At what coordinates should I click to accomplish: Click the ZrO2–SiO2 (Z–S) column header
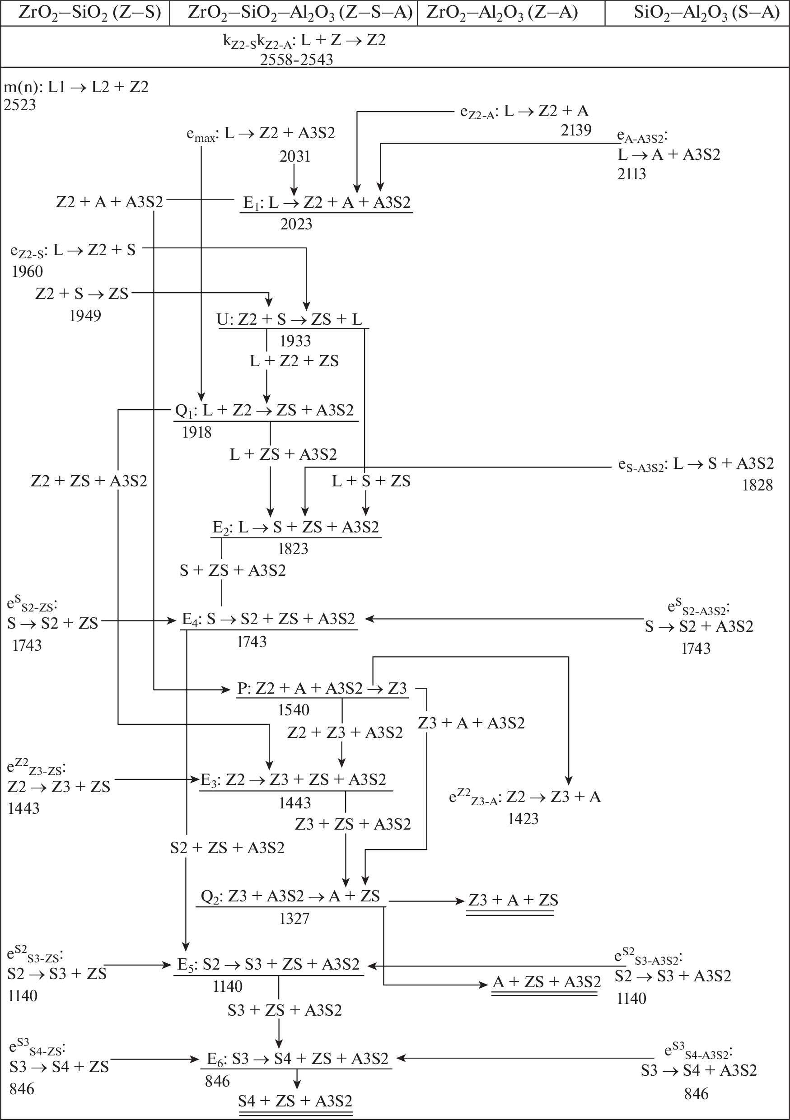coord(90,13)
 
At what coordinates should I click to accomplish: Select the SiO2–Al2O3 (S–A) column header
coord(706,13)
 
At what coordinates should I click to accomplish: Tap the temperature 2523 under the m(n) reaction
coord(20,105)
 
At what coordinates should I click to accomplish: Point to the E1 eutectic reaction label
coord(327,202)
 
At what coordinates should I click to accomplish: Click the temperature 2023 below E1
coord(296,224)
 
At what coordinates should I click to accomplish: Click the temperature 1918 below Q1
coord(196,432)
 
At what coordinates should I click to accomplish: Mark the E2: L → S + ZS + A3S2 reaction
coord(296,527)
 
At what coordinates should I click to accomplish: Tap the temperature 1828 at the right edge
coord(757,485)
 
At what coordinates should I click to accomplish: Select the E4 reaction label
coord(268,619)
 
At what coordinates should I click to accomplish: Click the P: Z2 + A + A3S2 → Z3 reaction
coord(322,688)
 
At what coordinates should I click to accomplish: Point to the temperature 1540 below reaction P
coord(294,710)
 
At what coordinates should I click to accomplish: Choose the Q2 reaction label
coord(290,896)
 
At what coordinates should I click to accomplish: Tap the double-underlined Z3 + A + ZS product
coord(513,901)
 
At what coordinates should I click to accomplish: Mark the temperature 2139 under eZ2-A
coord(576,130)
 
